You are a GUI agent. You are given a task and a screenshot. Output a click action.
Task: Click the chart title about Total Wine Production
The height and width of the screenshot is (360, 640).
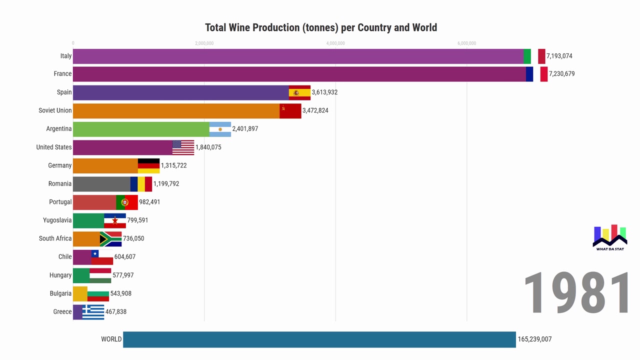click(321, 27)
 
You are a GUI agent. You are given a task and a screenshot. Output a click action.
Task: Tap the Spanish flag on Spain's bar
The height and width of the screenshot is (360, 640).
click(299, 92)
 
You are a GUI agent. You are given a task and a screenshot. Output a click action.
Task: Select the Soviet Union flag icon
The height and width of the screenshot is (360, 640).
click(290, 110)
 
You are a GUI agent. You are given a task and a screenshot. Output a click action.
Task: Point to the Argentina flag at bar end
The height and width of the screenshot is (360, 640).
click(220, 129)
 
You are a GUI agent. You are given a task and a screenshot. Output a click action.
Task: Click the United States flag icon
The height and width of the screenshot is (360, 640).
click(183, 147)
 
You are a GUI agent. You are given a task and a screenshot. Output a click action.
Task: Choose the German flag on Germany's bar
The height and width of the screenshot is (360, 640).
click(148, 165)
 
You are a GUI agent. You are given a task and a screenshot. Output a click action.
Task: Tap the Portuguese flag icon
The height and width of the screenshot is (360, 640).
click(127, 202)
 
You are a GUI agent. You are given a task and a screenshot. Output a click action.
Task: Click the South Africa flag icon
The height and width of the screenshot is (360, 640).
click(110, 239)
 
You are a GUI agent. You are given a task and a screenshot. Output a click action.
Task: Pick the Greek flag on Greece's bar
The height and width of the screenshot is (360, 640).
click(93, 312)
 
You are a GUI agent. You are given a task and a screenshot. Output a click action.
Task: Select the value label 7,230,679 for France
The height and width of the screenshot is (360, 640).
click(561, 74)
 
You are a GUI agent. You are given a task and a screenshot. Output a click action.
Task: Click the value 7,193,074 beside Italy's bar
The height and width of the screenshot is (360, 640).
click(559, 56)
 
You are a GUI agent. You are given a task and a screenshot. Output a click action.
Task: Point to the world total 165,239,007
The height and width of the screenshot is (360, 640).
click(534, 339)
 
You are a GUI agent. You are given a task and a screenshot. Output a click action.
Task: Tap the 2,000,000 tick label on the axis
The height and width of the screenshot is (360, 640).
click(204, 43)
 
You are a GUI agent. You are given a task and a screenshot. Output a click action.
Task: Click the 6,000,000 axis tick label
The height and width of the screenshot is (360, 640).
click(466, 43)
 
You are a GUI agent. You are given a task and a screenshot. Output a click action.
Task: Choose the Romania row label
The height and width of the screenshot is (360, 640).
click(60, 184)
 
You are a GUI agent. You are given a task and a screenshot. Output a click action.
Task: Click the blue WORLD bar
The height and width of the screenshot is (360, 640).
click(319, 339)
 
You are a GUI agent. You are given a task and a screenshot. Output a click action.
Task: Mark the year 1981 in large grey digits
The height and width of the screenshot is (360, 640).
click(577, 293)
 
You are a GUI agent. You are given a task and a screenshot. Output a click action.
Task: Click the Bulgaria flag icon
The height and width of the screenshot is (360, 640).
click(98, 294)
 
